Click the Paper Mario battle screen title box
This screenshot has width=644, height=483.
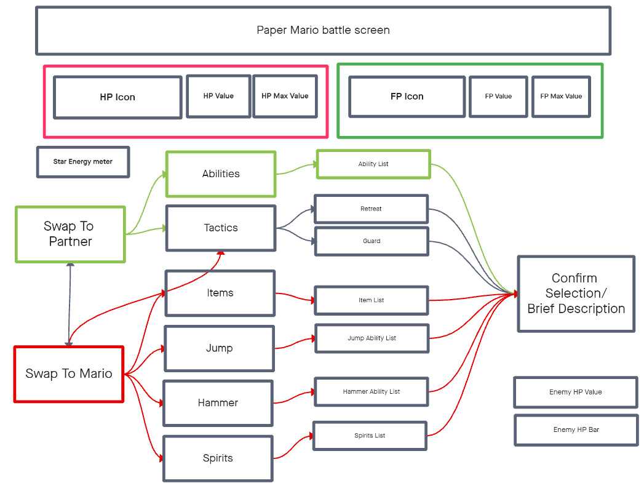(323, 30)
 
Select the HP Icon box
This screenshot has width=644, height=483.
(117, 97)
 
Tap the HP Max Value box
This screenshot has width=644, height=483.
(285, 96)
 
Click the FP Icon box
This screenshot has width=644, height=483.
(407, 97)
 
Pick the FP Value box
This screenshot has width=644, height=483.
(498, 96)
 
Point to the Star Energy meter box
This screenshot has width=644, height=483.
(83, 162)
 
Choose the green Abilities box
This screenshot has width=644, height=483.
(221, 174)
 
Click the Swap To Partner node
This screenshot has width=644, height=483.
(70, 234)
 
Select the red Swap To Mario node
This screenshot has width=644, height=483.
(69, 373)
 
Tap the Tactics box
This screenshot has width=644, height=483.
(221, 228)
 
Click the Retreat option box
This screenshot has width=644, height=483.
(371, 209)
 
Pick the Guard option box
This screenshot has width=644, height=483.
(371, 241)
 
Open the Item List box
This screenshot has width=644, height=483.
(371, 300)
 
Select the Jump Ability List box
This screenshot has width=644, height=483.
(372, 338)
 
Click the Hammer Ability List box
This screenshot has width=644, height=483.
(371, 391)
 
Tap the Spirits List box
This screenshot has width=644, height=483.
(370, 436)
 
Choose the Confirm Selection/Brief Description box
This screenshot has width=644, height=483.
(576, 294)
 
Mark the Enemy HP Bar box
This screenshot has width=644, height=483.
(576, 429)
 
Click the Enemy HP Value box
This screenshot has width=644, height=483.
(576, 392)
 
